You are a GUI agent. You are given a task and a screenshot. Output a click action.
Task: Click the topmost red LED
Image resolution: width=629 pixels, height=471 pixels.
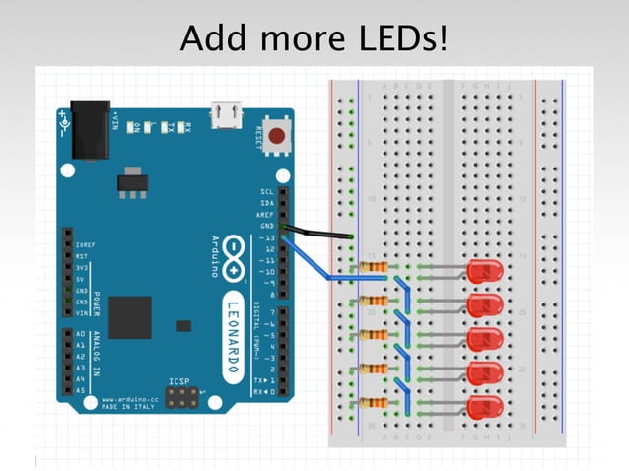485,270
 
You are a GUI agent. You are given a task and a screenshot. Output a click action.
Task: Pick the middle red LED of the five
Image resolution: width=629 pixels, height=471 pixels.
485,339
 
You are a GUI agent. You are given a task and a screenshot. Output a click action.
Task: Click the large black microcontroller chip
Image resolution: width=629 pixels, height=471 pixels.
130,317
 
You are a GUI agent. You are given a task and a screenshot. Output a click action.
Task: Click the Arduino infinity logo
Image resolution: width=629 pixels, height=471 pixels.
232,255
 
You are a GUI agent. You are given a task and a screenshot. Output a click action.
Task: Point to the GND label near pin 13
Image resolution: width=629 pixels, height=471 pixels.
267,226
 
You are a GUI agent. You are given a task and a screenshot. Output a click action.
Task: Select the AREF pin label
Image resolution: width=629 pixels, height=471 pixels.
265,214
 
